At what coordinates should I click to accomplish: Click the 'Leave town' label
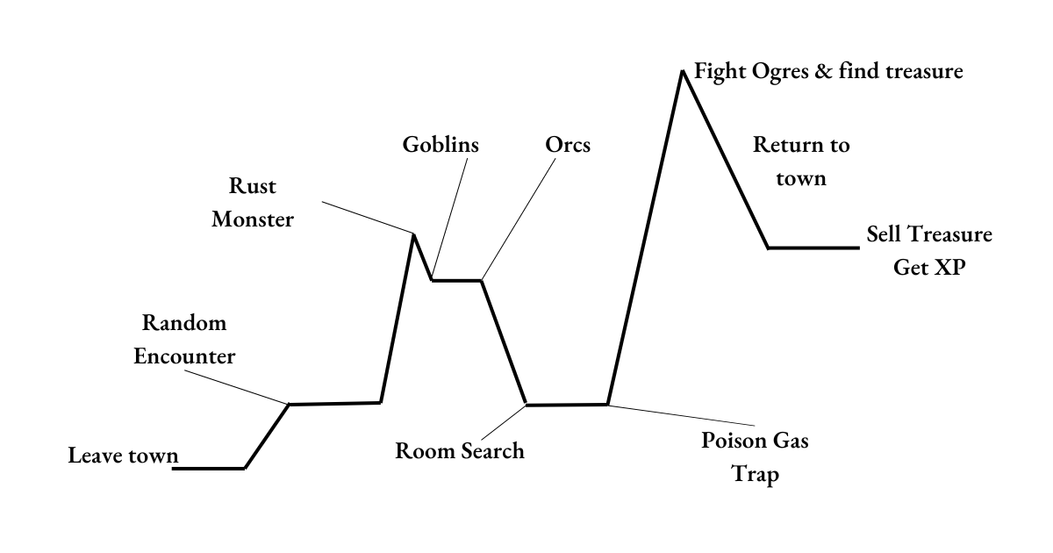click(123, 456)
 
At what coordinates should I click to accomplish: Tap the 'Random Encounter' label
click(184, 340)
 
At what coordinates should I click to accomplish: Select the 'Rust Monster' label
click(253, 203)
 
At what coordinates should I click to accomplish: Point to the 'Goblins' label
click(441, 145)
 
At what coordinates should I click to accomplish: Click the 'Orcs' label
click(568, 145)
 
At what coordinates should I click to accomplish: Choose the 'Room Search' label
click(459, 451)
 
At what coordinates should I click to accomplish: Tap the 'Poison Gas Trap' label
click(755, 458)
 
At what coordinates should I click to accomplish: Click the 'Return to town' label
click(801, 162)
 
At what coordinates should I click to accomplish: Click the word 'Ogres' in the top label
click(776, 71)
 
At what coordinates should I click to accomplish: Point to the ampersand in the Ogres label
click(823, 71)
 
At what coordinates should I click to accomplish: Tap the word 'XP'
click(945, 268)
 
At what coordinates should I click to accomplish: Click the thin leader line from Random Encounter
click(237, 385)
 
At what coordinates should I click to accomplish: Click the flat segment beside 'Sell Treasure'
click(813, 248)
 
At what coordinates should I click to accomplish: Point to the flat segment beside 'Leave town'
click(208, 469)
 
